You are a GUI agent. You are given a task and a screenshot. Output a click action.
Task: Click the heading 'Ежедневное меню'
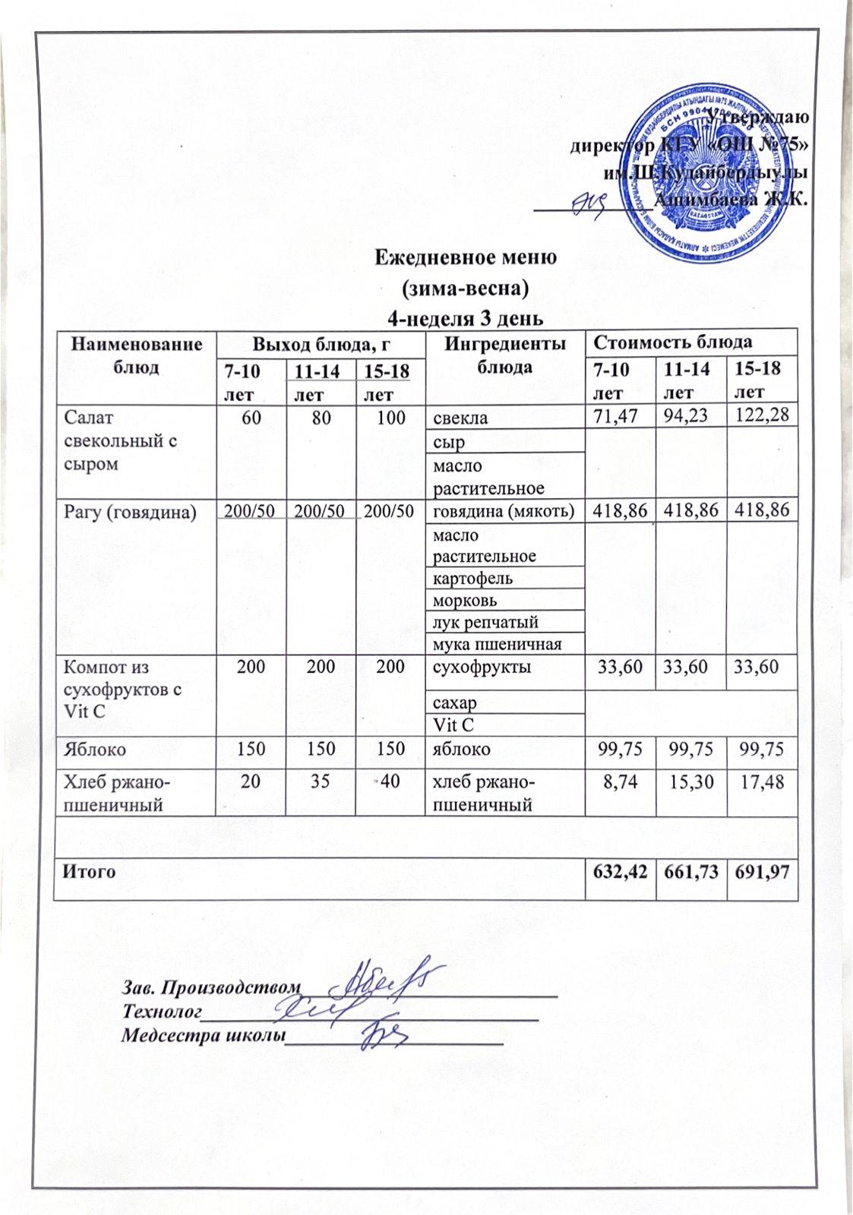(x=466, y=257)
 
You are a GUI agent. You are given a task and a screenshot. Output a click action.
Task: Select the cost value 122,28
(x=763, y=416)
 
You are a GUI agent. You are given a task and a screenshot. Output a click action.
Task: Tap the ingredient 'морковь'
(x=465, y=600)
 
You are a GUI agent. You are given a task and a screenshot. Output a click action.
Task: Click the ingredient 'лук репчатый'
(x=485, y=622)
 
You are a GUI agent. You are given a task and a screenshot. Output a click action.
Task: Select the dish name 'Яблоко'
(x=95, y=749)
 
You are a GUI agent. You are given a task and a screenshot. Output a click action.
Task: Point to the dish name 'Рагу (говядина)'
(x=130, y=512)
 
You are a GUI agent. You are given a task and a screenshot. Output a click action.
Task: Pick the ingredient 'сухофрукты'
(x=482, y=667)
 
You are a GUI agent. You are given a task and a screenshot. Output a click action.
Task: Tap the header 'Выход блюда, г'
(x=321, y=343)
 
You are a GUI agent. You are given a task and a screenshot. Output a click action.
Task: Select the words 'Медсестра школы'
(x=202, y=1035)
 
